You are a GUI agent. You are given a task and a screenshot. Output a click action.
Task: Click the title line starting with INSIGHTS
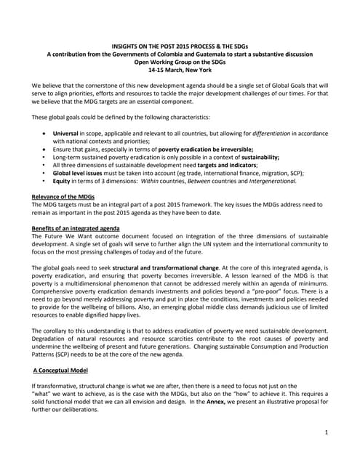point(180,46)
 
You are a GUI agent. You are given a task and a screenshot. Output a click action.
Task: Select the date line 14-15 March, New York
point(180,72)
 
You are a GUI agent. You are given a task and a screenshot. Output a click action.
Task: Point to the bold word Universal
point(68,135)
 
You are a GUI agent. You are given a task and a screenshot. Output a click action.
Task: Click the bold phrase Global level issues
point(83,174)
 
